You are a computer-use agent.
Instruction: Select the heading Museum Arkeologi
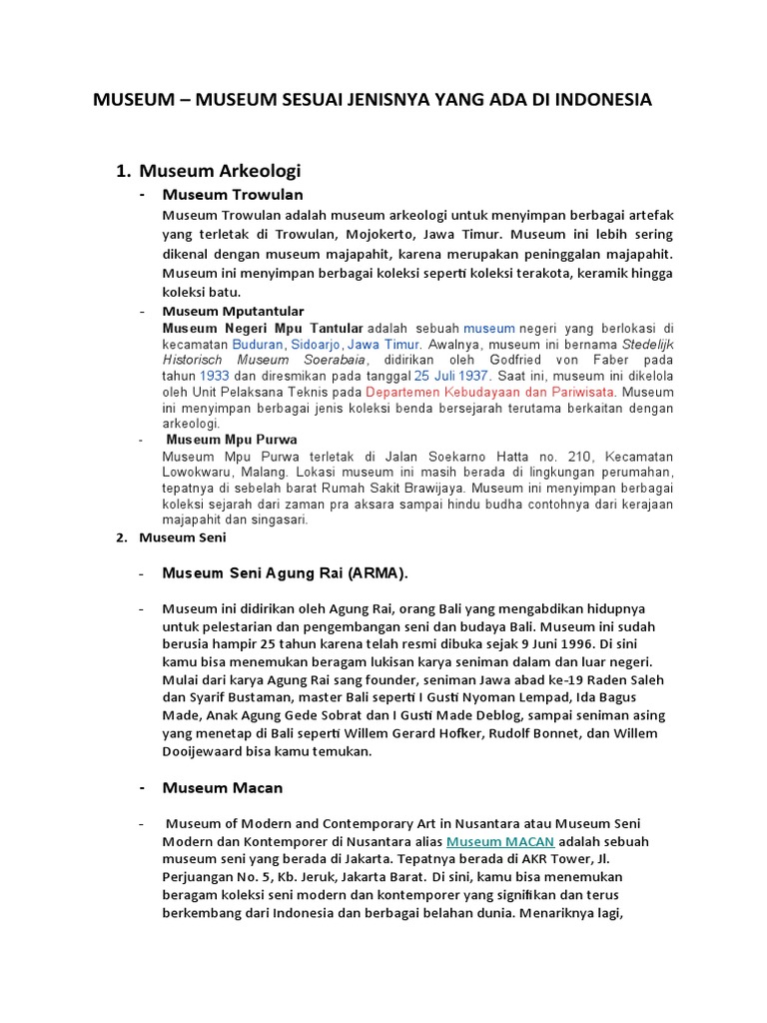(x=220, y=171)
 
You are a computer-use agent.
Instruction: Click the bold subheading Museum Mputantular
(x=234, y=312)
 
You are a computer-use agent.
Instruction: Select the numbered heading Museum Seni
(x=183, y=537)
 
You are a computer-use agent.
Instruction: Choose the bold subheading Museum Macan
(x=223, y=788)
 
